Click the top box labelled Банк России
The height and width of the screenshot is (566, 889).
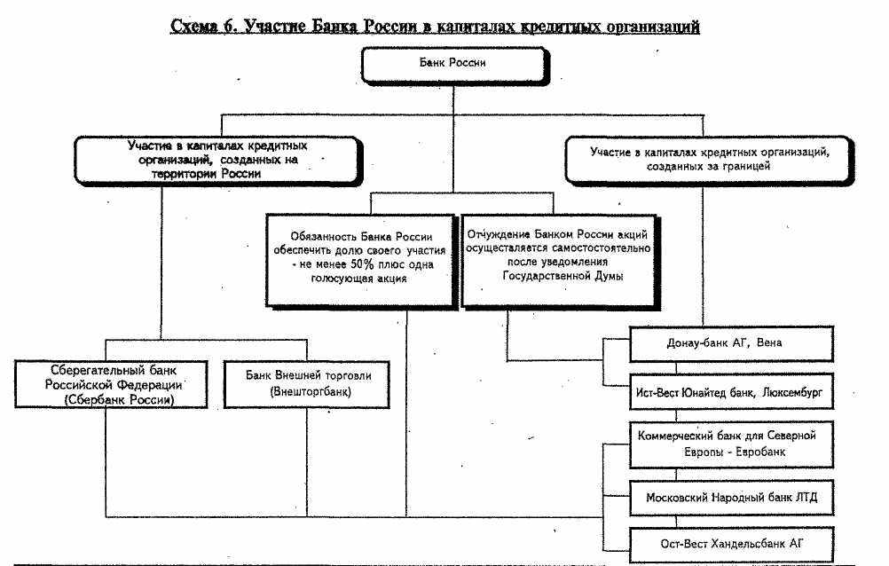tap(452, 65)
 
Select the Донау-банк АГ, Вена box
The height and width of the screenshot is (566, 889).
tap(731, 342)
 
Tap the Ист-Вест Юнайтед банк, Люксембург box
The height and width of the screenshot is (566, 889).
tap(731, 391)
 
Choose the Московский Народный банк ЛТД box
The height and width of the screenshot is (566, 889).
tap(731, 498)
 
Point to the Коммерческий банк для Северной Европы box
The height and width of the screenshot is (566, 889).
tap(731, 443)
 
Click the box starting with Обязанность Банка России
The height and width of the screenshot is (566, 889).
tap(361, 257)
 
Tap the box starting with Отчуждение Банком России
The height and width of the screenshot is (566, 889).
tap(546, 257)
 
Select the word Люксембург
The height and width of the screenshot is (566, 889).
tap(795, 391)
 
